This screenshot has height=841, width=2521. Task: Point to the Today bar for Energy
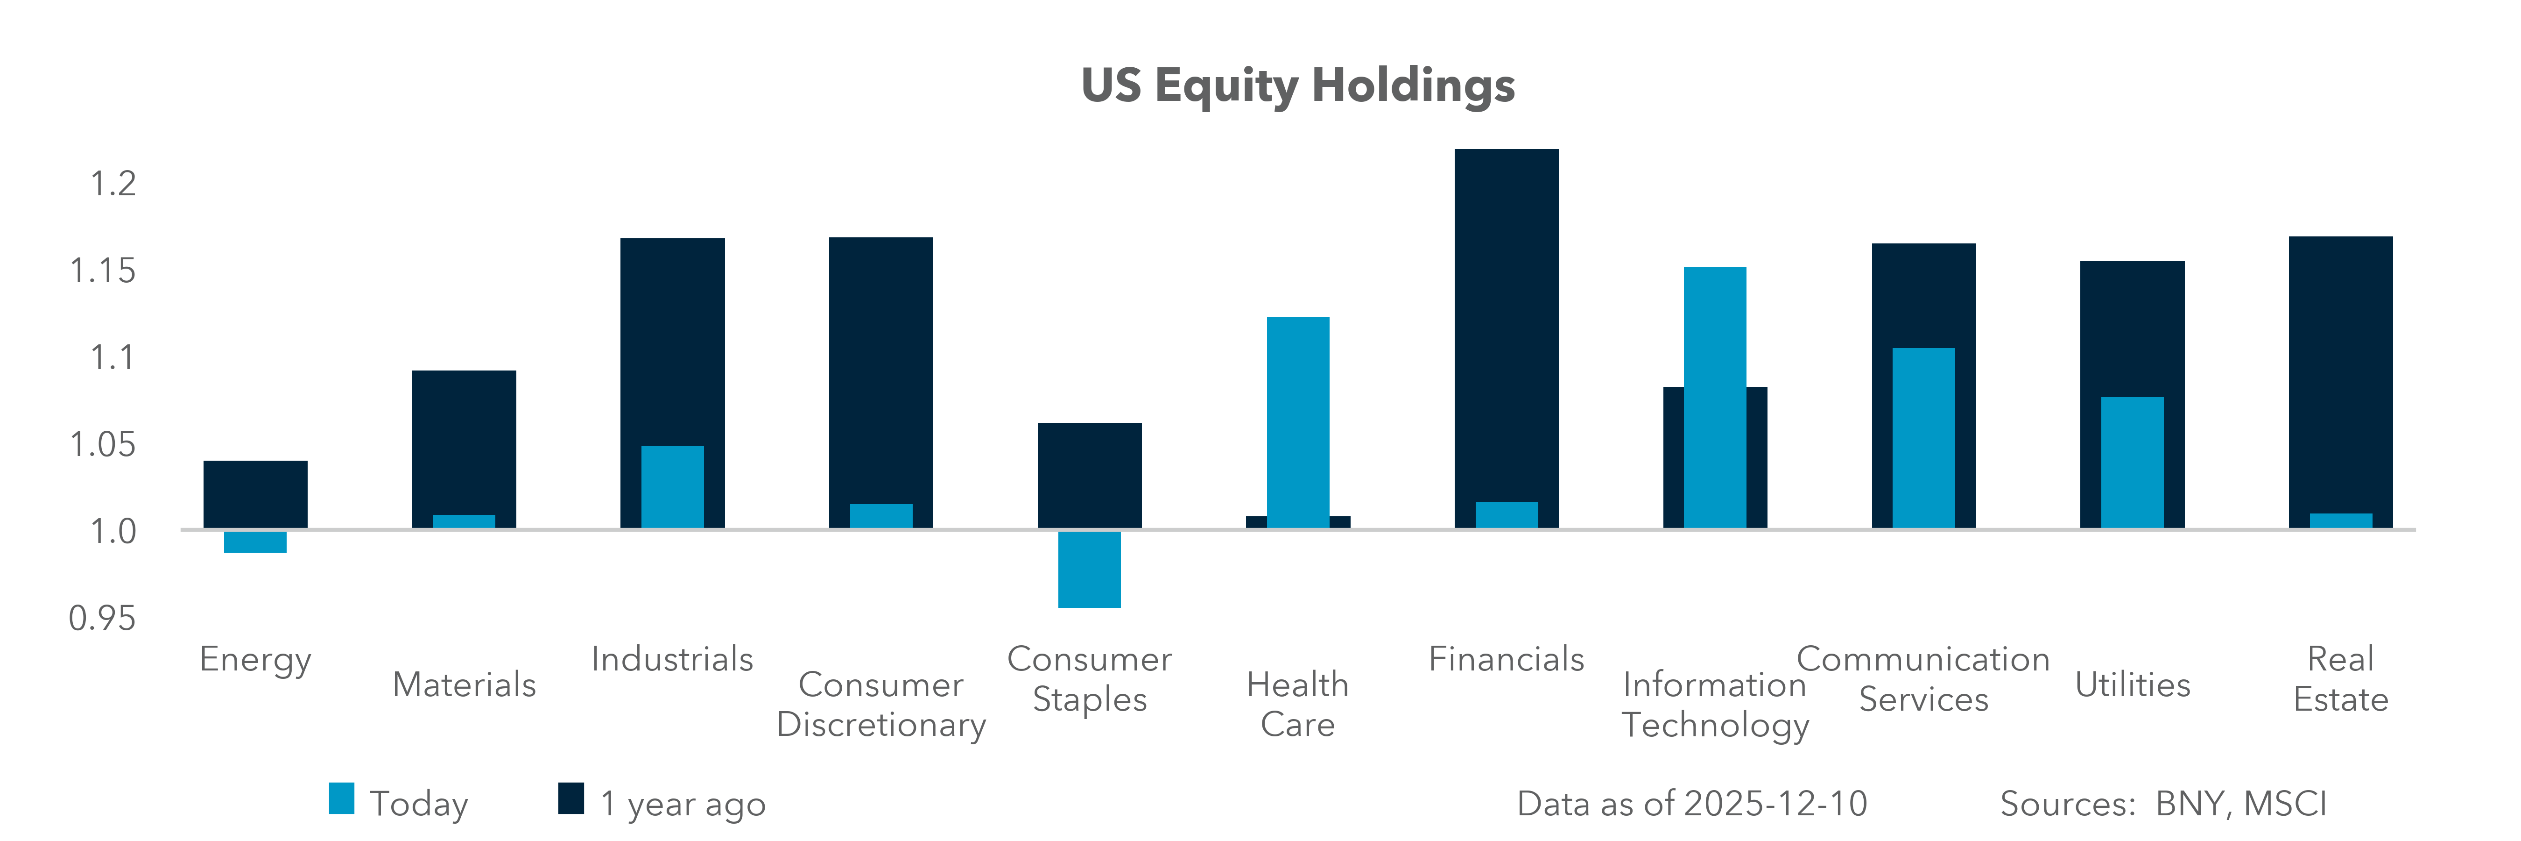click(255, 542)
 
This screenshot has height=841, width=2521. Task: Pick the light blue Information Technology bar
click(1715, 397)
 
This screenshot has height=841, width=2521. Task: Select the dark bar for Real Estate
click(2340, 372)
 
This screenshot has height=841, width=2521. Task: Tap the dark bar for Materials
click(464, 441)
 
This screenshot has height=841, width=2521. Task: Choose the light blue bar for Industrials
click(672, 486)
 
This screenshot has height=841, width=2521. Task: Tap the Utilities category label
click(2133, 684)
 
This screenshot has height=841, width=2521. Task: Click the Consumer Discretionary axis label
click(881, 704)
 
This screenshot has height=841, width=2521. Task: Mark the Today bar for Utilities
click(2133, 462)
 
